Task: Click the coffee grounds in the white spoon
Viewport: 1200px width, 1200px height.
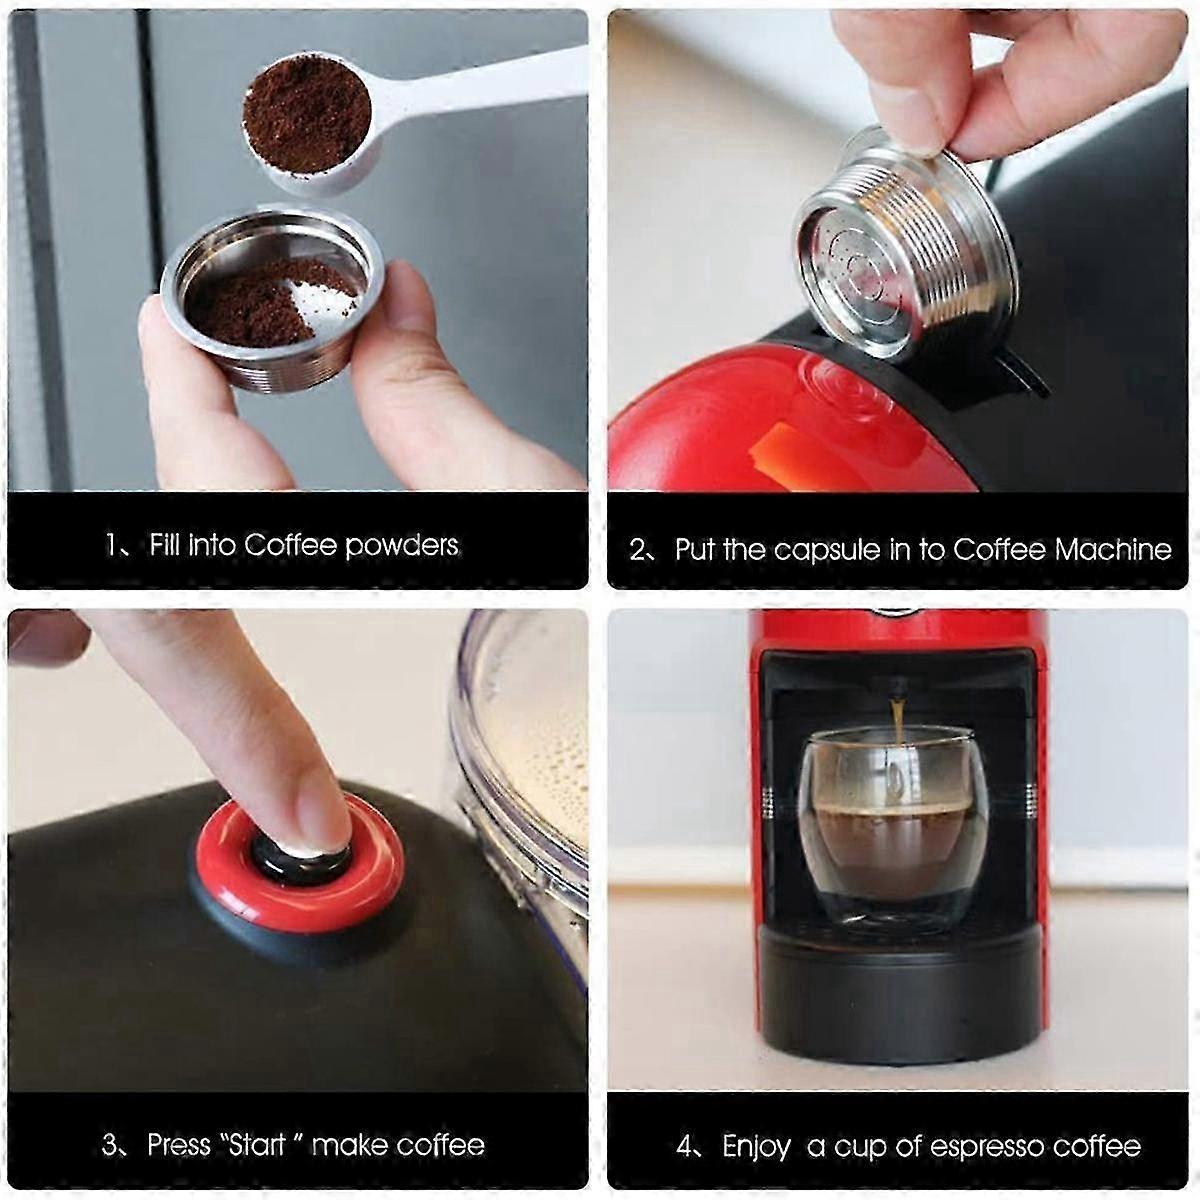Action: pyautogui.click(x=306, y=114)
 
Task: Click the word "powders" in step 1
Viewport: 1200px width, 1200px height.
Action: pyautogui.click(x=402, y=546)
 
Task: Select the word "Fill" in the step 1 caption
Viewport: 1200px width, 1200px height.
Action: pyautogui.click(x=164, y=545)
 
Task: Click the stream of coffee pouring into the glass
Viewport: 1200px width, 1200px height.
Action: pyautogui.click(x=897, y=722)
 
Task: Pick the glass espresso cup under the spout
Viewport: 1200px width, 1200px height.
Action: pyautogui.click(x=895, y=829)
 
